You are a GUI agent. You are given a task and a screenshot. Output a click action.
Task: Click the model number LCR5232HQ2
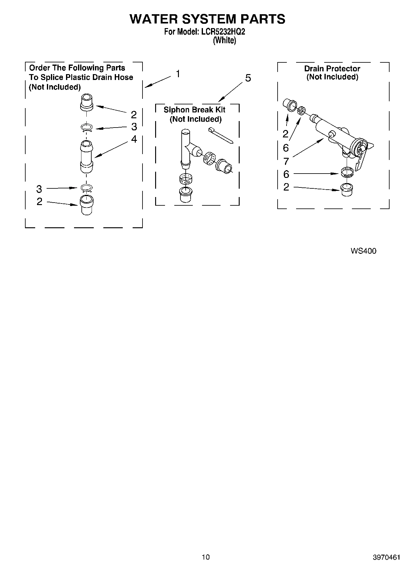pos(223,32)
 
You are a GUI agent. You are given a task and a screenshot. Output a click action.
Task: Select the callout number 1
pos(178,74)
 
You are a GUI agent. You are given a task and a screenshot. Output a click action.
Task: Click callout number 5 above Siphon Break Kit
pos(248,78)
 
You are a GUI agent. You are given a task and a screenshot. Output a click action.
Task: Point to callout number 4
pos(134,139)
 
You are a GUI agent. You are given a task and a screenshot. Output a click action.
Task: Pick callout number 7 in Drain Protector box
pos(286,161)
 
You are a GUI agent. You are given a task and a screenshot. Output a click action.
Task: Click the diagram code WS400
pos(363,251)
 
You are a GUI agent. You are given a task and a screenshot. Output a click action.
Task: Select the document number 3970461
pos(386,557)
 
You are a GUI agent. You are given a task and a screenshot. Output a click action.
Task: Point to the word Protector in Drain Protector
pos(345,69)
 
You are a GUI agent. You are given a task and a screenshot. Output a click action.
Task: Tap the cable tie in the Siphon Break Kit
pos(221,135)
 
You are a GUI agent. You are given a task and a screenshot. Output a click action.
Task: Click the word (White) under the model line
pos(225,40)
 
